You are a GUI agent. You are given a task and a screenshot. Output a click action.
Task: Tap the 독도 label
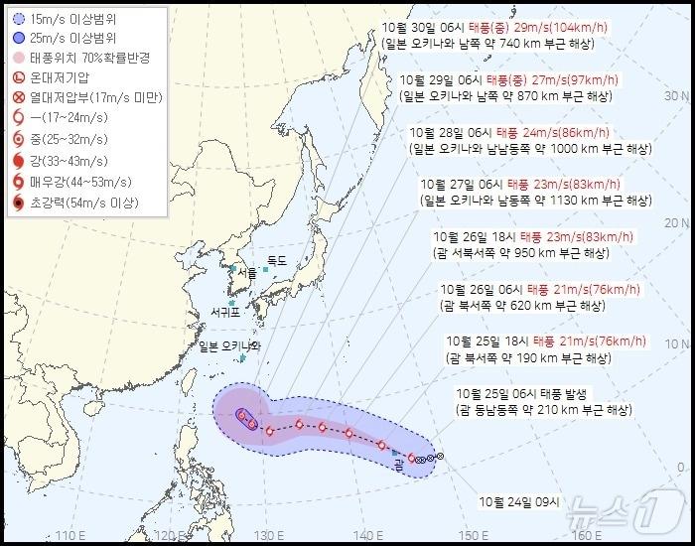point(276,261)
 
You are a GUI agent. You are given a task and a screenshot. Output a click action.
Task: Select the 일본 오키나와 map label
point(228,346)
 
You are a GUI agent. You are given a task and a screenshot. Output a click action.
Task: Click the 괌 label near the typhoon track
point(398,461)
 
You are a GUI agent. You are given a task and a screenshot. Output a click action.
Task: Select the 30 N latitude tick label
point(677,96)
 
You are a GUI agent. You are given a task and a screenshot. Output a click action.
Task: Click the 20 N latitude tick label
point(677,223)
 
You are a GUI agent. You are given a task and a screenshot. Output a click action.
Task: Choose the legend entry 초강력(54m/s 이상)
point(84,204)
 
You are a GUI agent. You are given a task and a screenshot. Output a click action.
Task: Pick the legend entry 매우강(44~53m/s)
point(82,183)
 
